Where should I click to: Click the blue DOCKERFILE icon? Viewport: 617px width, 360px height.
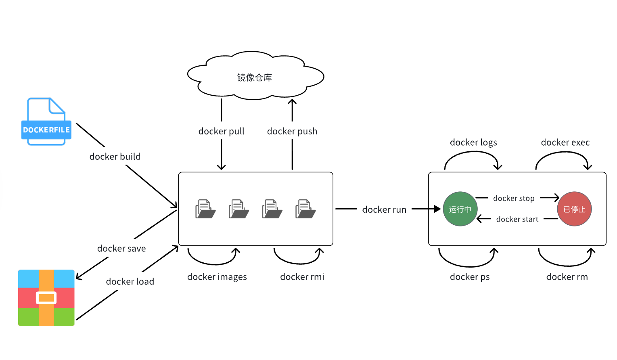pos(46,121)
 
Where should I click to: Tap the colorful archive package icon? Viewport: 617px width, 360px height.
pos(46,298)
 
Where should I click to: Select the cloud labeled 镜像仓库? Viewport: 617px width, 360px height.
pos(255,77)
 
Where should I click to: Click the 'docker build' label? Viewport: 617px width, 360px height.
pos(115,157)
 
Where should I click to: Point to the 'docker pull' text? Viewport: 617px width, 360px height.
pos(221,132)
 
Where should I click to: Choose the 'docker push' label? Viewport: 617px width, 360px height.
pos(292,132)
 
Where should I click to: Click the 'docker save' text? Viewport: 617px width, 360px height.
pos(121,249)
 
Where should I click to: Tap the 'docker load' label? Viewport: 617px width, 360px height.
pos(130,282)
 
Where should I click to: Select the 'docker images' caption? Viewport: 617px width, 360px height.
pos(217,277)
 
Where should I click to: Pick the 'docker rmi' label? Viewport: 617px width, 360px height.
pos(302,277)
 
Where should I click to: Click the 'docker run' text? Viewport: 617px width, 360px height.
pos(384,210)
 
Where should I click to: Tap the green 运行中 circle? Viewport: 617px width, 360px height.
pos(460,209)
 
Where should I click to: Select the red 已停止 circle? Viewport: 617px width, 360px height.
pos(574,209)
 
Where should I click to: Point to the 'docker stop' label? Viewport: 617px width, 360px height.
pos(514,199)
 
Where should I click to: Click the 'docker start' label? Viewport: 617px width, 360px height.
pos(517,220)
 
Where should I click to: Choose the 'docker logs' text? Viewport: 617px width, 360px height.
pos(473,142)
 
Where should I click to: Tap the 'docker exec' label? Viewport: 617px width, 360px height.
pos(565,142)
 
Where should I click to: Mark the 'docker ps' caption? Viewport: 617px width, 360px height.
pos(470,277)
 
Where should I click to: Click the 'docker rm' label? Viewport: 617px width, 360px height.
pos(567,277)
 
